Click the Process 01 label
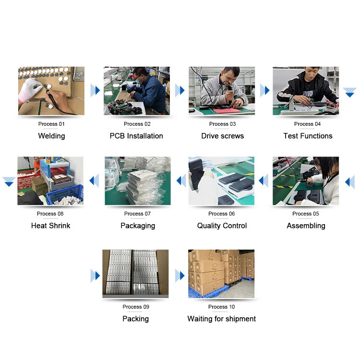click(x=51, y=124)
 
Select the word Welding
click(x=52, y=136)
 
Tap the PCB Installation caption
click(x=136, y=136)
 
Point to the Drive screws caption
click(x=222, y=136)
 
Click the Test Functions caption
click(x=308, y=136)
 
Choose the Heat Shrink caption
click(x=51, y=226)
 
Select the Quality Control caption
click(x=222, y=226)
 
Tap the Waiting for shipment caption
click(x=222, y=319)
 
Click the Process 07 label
click(x=137, y=214)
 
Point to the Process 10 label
click(x=222, y=307)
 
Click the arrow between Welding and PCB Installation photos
click(x=96, y=90)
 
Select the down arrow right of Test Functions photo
click(x=349, y=93)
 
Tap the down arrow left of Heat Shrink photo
click(x=9, y=181)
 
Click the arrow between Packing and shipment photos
click(x=180, y=276)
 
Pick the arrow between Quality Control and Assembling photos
click(x=264, y=180)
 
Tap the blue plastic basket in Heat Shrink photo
click(x=65, y=195)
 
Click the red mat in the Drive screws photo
click(x=228, y=111)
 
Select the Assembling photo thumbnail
click(x=306, y=181)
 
